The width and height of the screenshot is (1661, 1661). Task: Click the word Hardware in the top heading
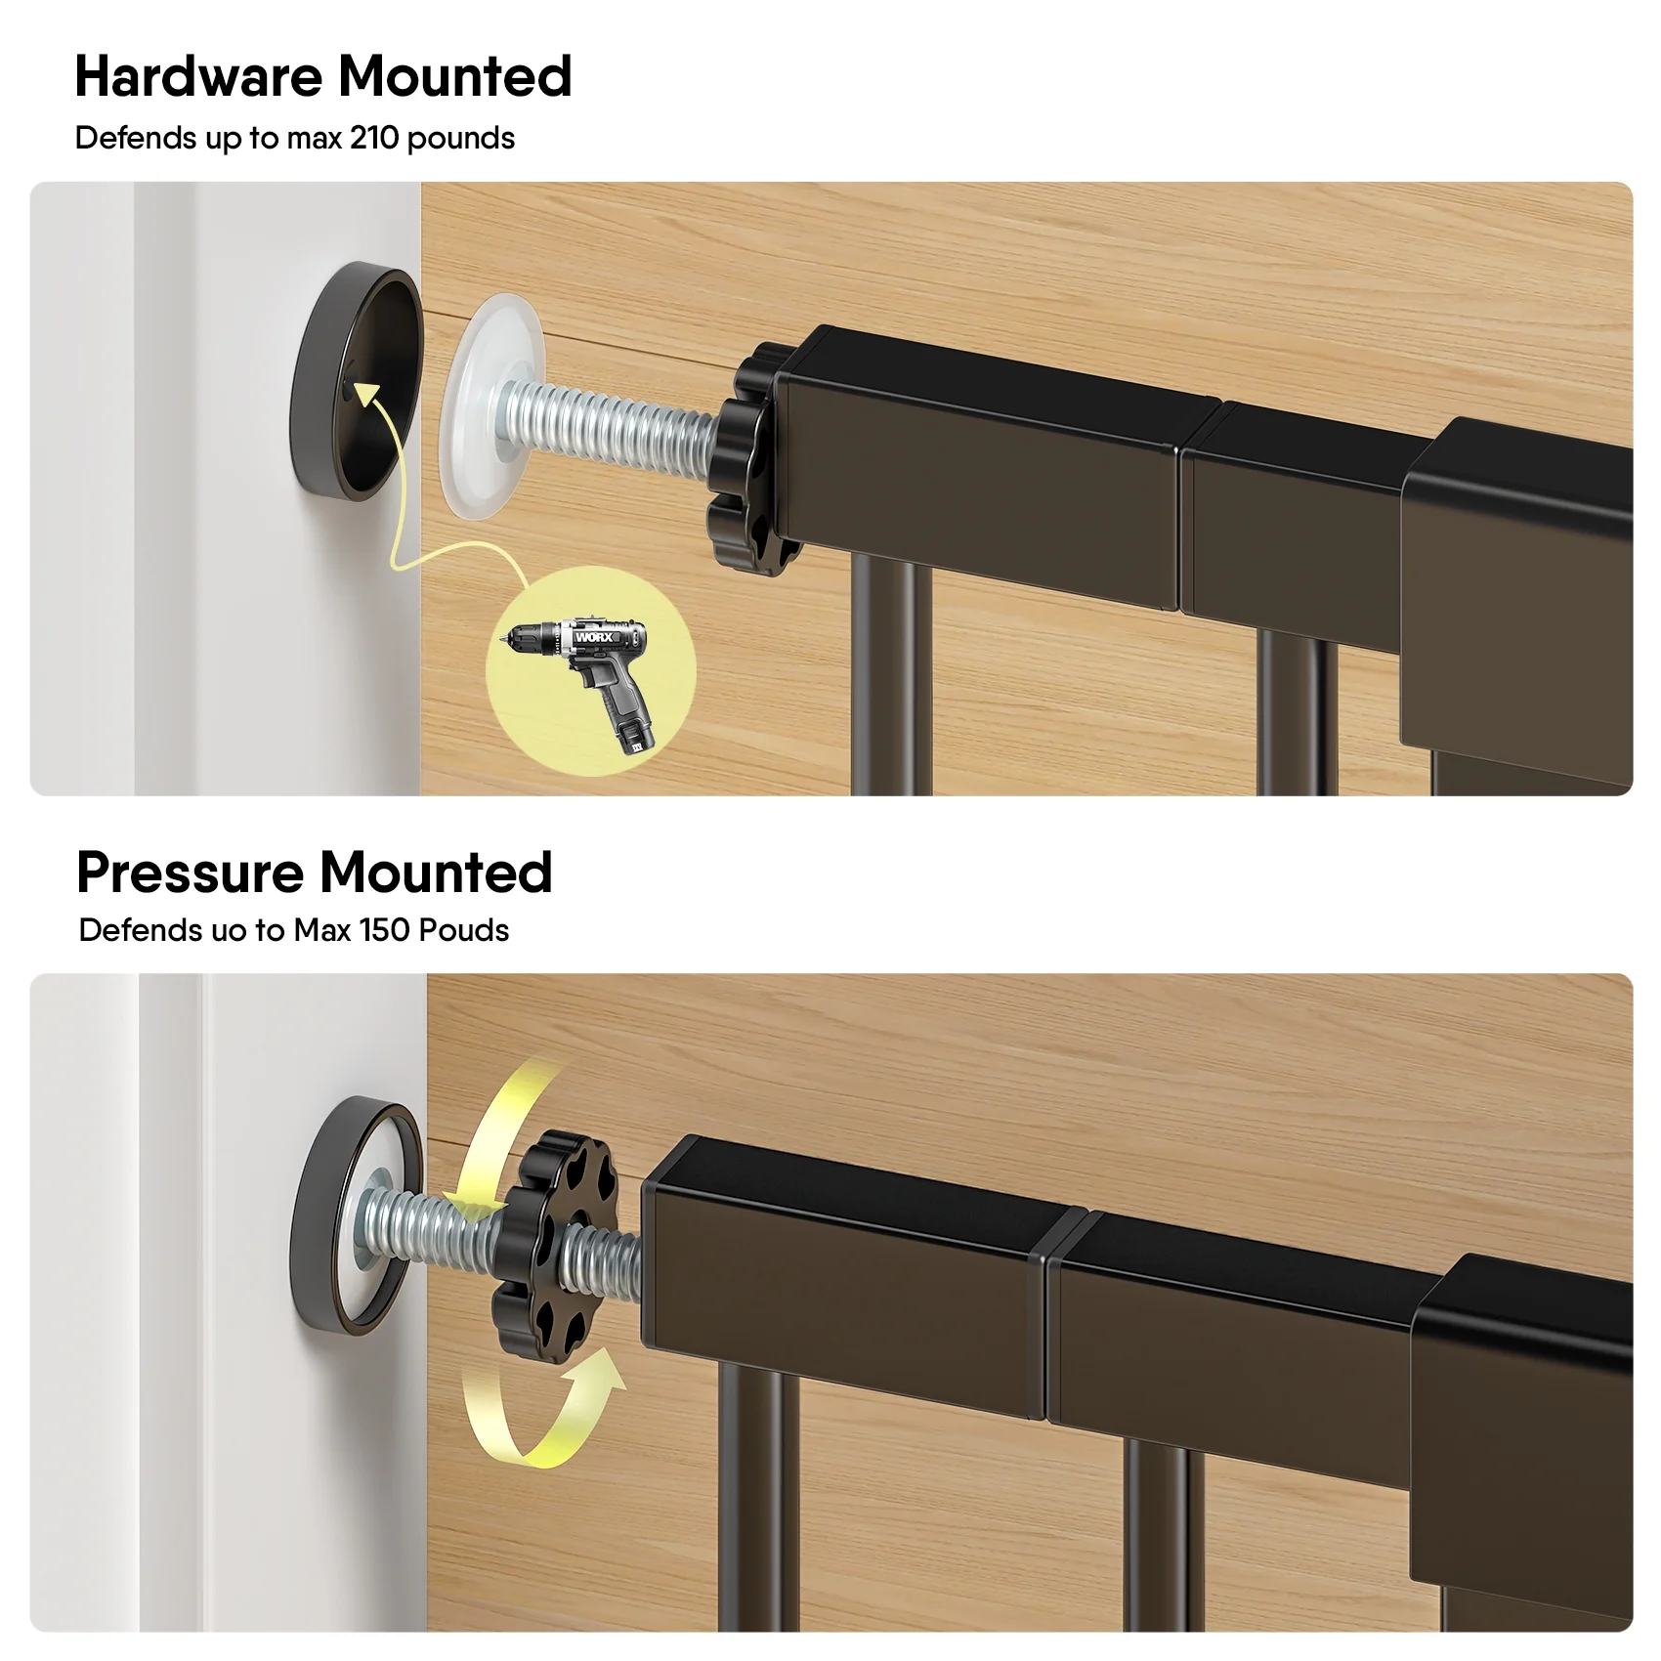coord(198,76)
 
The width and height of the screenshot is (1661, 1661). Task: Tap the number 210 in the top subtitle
coord(373,138)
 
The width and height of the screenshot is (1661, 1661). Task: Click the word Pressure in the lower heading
coord(191,872)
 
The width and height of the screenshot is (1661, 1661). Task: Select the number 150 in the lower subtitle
coord(384,930)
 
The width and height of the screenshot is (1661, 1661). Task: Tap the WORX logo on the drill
coord(594,637)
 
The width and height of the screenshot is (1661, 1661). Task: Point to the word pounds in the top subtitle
coord(460,139)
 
